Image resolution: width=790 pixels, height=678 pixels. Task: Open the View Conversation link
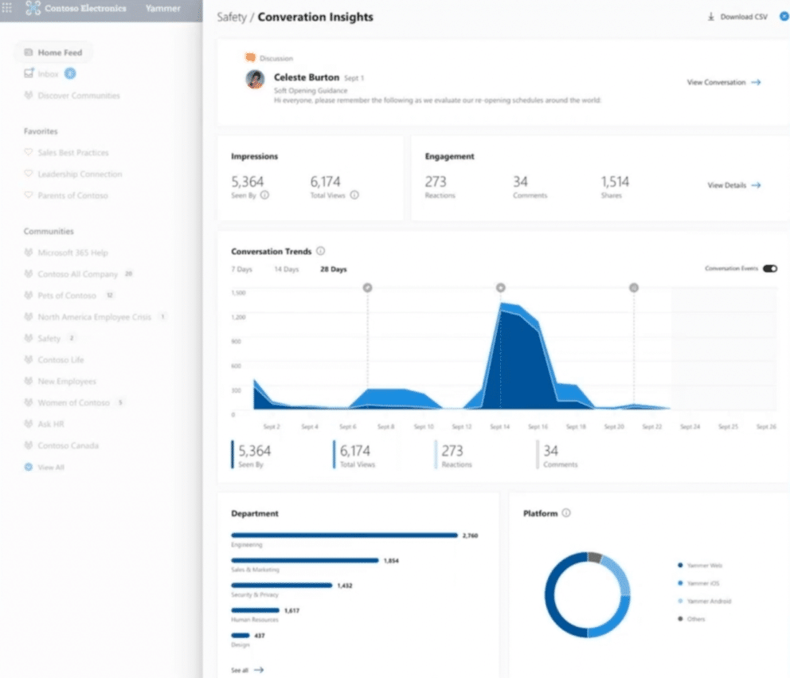click(723, 82)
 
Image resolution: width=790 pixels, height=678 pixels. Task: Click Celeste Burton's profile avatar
click(256, 79)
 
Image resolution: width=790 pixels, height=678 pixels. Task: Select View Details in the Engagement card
click(733, 186)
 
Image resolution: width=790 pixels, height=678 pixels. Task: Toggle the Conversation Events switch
click(769, 269)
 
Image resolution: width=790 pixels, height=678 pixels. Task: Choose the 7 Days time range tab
click(241, 269)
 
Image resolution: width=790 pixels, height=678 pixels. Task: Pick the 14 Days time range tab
click(286, 269)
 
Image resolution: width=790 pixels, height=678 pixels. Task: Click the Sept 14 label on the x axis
click(500, 427)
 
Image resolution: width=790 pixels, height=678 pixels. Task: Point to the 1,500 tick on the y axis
click(238, 293)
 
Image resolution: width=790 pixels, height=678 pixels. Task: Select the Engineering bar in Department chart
click(344, 535)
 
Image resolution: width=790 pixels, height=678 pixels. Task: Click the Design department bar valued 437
click(237, 635)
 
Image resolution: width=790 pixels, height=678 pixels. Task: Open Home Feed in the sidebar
click(60, 53)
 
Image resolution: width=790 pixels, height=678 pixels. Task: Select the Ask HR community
click(50, 425)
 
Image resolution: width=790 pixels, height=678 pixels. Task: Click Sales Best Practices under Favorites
click(72, 152)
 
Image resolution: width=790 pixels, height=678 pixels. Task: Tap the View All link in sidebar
click(50, 468)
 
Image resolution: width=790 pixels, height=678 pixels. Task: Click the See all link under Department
click(247, 670)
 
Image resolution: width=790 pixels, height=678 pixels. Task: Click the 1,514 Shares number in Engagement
click(615, 182)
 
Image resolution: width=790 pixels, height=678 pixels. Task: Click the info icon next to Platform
click(566, 513)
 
